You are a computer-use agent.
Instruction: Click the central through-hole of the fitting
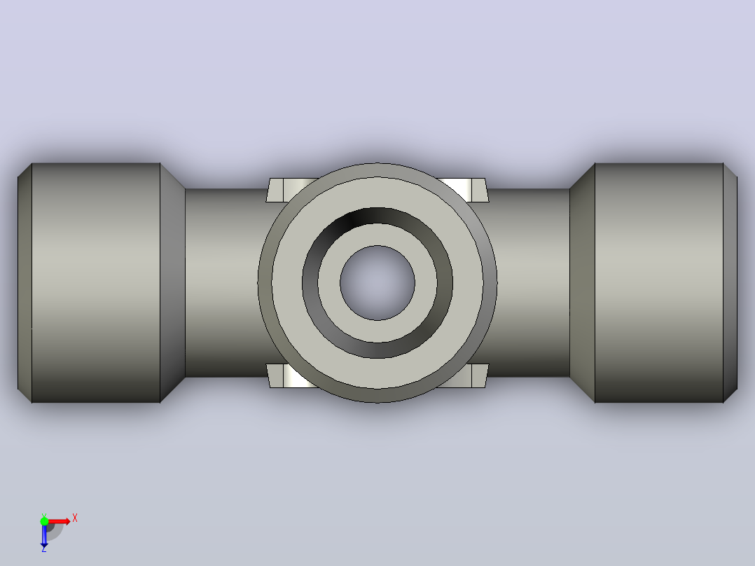pos(377,283)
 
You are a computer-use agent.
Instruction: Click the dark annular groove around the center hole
pos(377,215)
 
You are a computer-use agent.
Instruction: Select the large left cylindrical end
pos(96,283)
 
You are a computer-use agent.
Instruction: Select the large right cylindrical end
pos(658,283)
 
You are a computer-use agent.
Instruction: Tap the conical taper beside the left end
pos(172,283)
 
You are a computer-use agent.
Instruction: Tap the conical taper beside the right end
pos(582,283)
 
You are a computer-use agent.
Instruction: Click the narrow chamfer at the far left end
pos(25,283)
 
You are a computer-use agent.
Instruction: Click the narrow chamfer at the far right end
pos(730,283)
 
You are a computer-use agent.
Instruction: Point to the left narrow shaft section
pos(221,283)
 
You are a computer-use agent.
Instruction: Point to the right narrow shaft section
pos(529,283)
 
